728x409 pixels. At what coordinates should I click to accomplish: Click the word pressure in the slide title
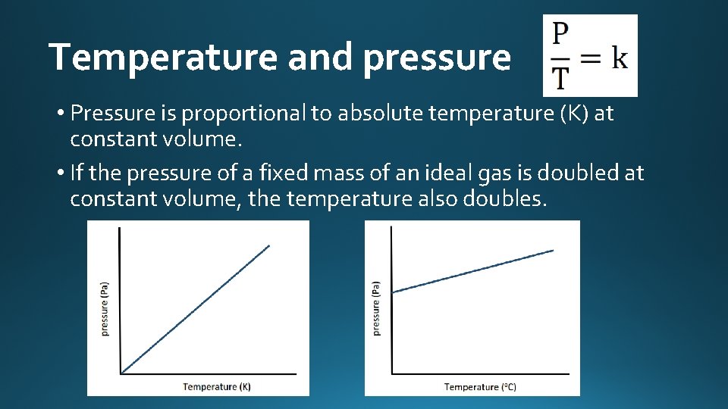437,58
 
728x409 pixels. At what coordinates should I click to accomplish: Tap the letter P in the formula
561,34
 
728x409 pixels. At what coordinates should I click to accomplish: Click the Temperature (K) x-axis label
217,387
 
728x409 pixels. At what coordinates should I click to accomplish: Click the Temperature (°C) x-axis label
480,387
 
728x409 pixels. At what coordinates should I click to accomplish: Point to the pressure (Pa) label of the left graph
105,309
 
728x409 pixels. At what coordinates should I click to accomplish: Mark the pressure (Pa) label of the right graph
377,309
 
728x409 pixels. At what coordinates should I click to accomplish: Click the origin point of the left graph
121,373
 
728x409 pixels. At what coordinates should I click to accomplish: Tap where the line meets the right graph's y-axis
391,292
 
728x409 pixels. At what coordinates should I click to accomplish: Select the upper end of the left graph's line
269,245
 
